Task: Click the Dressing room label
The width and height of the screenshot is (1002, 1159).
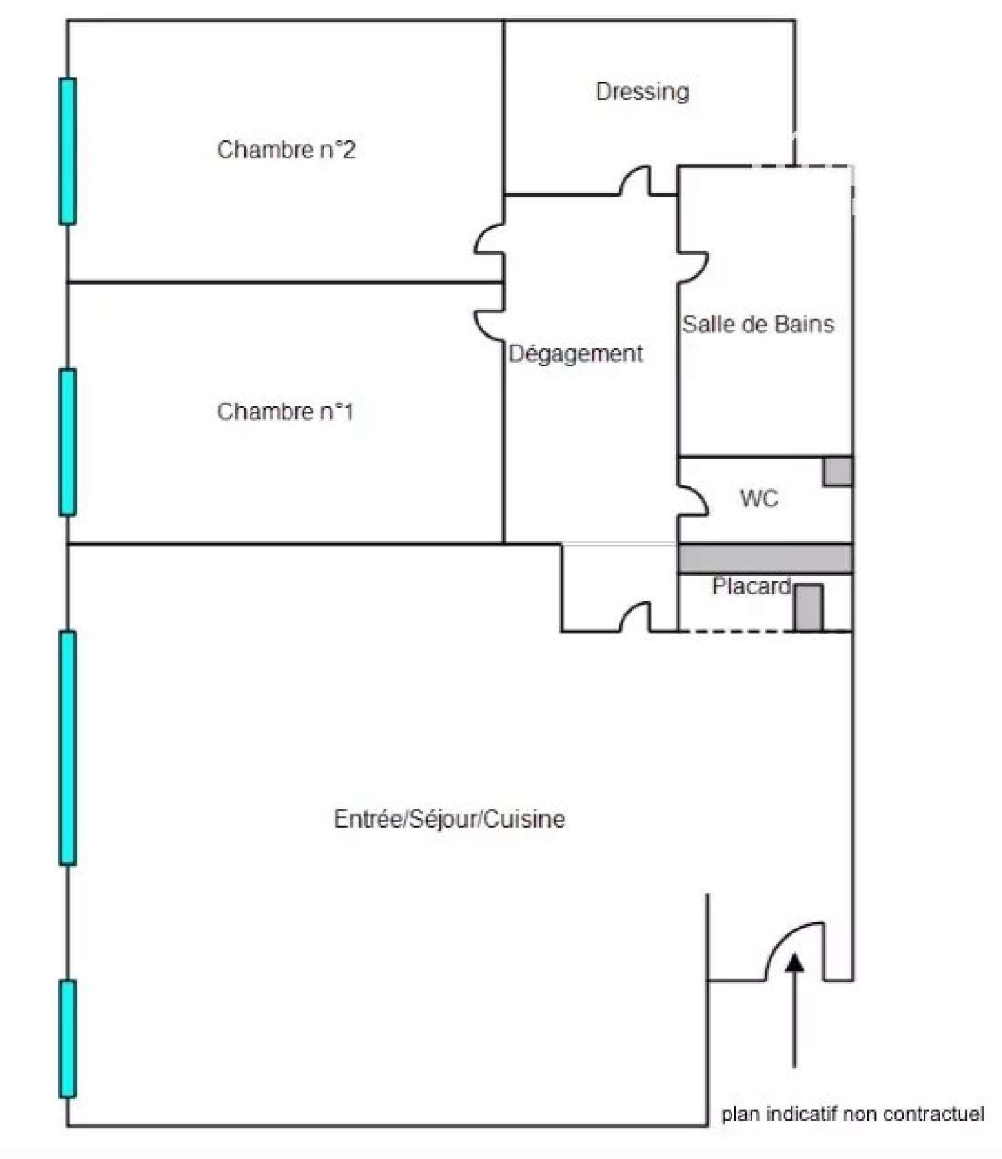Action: pyautogui.click(x=642, y=92)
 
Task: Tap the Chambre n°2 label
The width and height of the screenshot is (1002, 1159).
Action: pyautogui.click(x=286, y=150)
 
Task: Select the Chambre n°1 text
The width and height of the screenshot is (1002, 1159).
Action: pyautogui.click(x=285, y=411)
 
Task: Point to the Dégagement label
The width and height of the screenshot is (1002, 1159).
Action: pyautogui.click(x=576, y=353)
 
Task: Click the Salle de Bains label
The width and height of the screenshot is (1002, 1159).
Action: pyautogui.click(x=758, y=325)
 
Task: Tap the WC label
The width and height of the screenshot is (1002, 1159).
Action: pyautogui.click(x=760, y=498)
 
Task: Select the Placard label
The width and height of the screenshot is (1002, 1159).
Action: pyautogui.click(x=751, y=586)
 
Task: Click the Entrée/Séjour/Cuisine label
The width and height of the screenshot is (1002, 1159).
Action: pyautogui.click(x=449, y=819)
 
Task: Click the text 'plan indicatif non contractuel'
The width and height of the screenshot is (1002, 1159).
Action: pyautogui.click(x=853, y=1114)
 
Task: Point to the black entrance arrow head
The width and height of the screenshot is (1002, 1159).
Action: pyautogui.click(x=794, y=962)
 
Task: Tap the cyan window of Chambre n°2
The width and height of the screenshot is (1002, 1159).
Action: pyautogui.click(x=67, y=151)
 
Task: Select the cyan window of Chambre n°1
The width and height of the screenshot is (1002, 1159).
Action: pyautogui.click(x=67, y=442)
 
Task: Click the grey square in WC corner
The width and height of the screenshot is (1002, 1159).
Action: pyautogui.click(x=838, y=472)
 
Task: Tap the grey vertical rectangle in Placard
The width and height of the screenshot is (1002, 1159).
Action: pyautogui.click(x=808, y=607)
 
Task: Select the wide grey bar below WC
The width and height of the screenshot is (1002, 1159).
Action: pyautogui.click(x=766, y=558)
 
